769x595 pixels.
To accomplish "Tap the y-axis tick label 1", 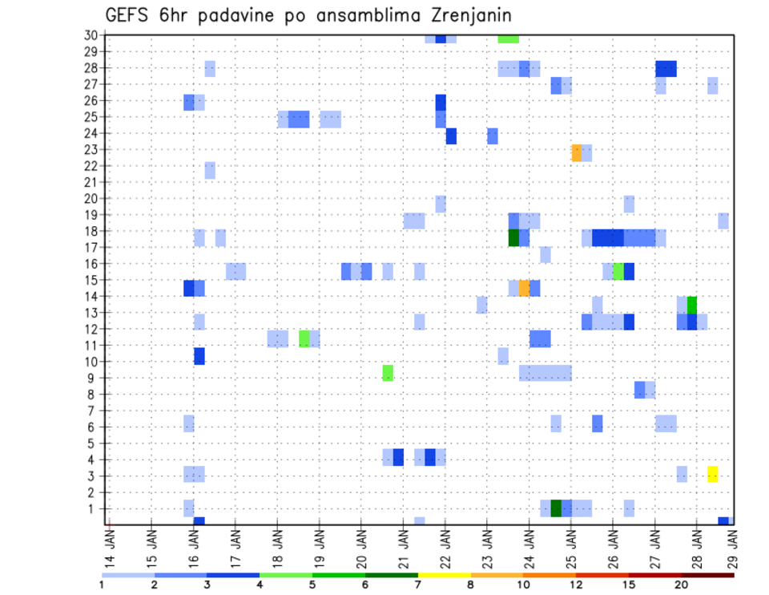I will click(x=93, y=508).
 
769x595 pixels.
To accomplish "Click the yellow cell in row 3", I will click(x=712, y=474).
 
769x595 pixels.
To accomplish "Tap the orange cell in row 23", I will click(x=577, y=152).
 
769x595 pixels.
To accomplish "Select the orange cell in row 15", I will click(x=524, y=288).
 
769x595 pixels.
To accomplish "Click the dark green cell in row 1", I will click(x=556, y=508).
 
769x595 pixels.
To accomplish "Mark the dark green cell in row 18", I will click(x=514, y=238).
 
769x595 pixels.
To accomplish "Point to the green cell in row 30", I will click(x=508, y=38).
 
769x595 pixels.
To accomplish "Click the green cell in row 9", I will click(x=388, y=373).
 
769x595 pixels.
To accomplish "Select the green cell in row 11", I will click(x=304, y=338).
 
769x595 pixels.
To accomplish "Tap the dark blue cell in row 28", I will click(x=666, y=69).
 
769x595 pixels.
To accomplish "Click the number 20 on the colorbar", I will click(x=682, y=585).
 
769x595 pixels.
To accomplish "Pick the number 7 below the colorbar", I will click(x=418, y=585).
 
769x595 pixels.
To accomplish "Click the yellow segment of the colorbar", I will click(x=444, y=574).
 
